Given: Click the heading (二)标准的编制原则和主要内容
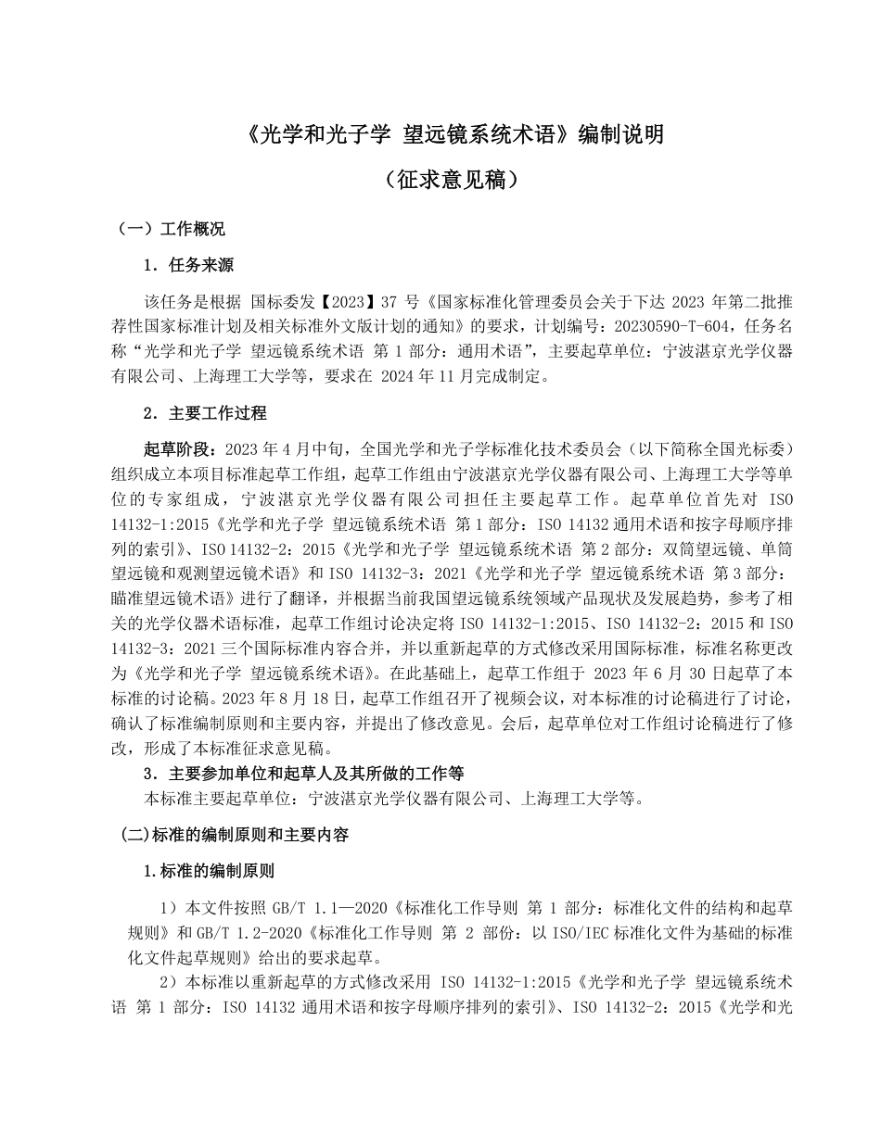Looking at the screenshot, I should (x=236, y=835).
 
